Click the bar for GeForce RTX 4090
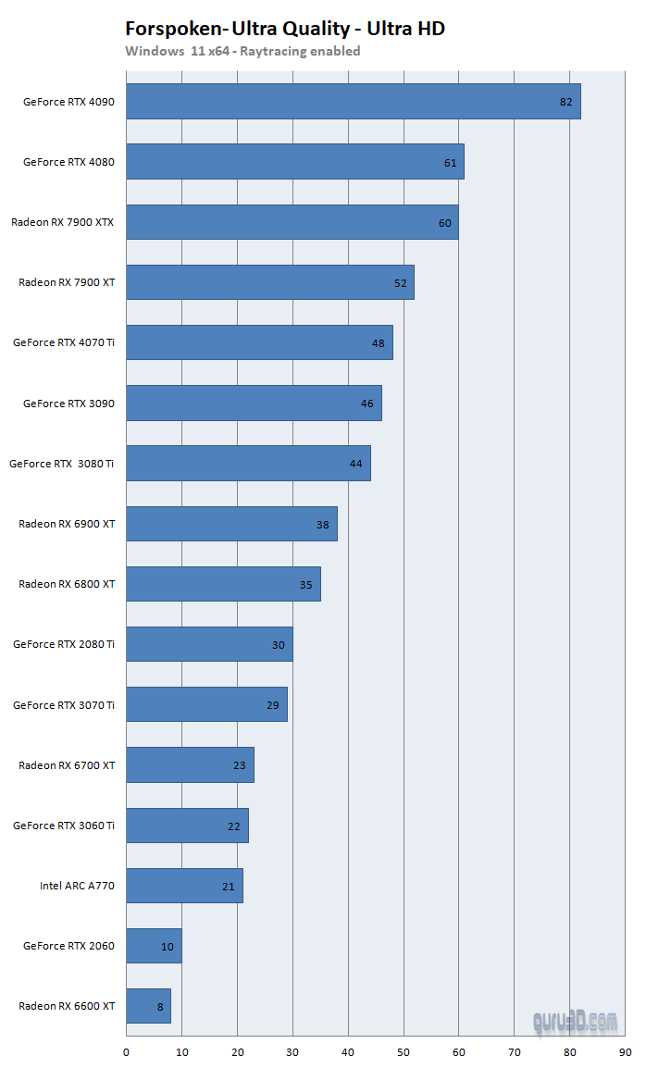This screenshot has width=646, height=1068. point(353,102)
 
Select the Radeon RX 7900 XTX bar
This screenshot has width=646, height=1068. point(292,222)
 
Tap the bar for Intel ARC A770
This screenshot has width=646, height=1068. point(185,886)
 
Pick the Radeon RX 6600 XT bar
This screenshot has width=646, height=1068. point(149,1006)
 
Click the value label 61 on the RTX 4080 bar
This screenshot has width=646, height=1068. point(451,163)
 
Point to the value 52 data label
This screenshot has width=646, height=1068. point(400,283)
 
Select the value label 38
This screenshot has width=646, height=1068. point(322,525)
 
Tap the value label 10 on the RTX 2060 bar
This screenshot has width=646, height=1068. point(167,947)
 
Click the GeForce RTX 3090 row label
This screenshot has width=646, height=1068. point(68,404)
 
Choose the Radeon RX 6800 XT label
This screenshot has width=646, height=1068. point(67,584)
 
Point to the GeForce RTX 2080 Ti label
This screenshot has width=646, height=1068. point(63,643)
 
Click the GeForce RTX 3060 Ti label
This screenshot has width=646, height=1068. point(63,825)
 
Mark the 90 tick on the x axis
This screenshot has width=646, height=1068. point(625,1052)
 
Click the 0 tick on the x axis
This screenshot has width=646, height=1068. point(126,1052)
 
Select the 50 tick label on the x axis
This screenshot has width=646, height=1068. point(404,1052)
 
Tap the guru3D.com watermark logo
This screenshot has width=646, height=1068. point(575,1022)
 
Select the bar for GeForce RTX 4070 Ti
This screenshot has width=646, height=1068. point(260,342)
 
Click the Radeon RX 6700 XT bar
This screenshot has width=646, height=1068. point(190,764)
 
